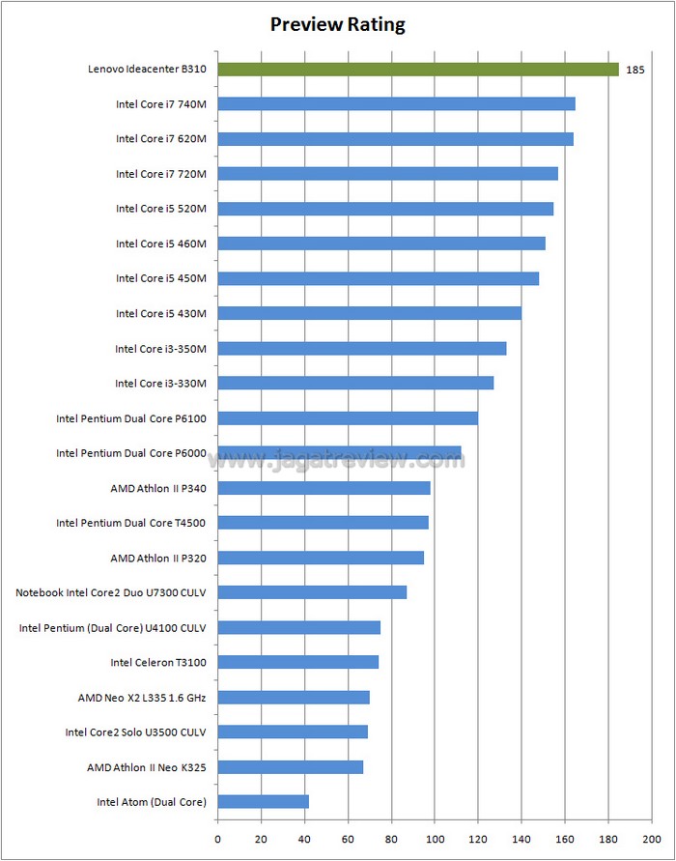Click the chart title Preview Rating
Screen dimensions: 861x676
[337, 24]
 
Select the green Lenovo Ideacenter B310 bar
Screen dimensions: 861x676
[417, 69]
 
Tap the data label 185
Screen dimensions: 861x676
[635, 70]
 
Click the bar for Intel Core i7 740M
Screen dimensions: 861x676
[396, 103]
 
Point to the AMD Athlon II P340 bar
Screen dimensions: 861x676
[324, 488]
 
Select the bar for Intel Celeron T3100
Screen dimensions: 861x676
[297, 662]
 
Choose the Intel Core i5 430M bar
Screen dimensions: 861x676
[369, 313]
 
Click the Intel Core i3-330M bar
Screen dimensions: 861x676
[355, 383]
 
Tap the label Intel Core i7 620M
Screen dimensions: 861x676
[160, 139]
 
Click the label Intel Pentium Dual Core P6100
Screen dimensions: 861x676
[131, 418]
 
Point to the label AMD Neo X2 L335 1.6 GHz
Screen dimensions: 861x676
[142, 697]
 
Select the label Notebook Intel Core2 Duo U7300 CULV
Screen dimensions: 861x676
[111, 592]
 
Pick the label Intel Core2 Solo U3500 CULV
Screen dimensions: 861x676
[135, 732]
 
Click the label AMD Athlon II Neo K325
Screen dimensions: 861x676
[146, 767]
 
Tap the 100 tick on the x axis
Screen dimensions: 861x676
[435, 838]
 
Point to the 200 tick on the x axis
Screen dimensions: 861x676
[652, 838]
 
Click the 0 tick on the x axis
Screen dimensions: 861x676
[217, 838]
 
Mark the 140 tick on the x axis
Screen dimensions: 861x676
[521, 838]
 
